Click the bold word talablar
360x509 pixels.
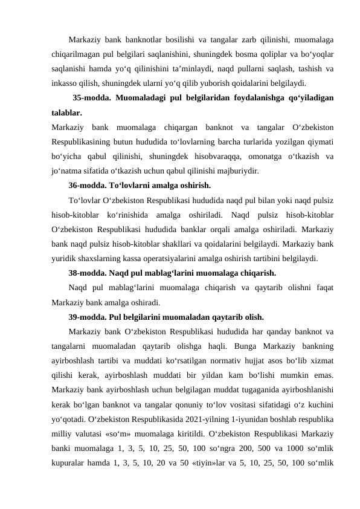[x=67, y=112]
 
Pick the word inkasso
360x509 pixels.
[x=65, y=83]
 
